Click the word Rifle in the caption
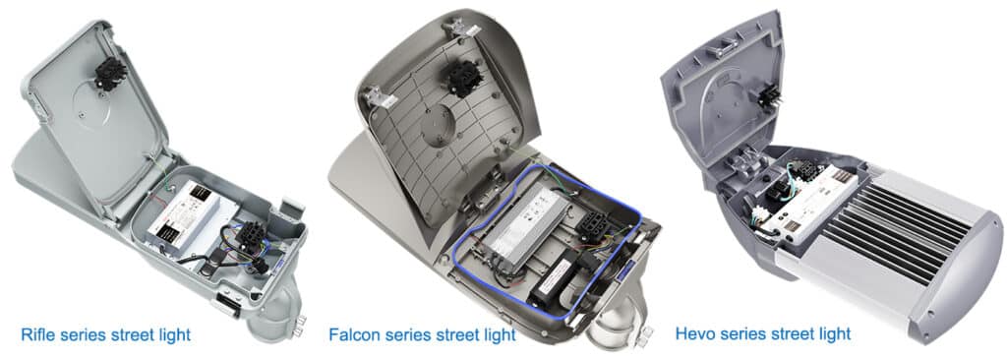pos(37,335)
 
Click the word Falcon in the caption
pos(355,335)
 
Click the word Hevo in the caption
pos(695,334)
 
